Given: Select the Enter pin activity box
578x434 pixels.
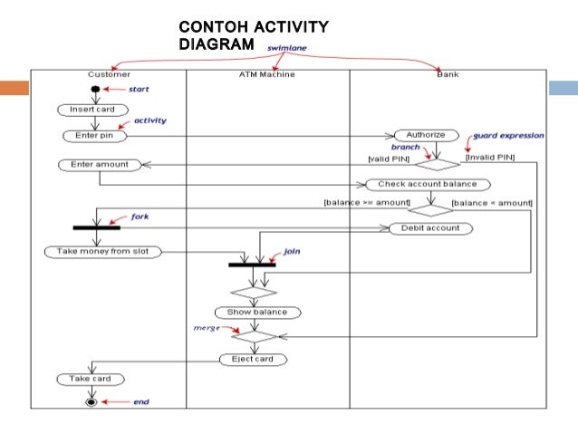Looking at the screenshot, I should [x=93, y=136].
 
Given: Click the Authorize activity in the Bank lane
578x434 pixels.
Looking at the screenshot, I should [x=426, y=135].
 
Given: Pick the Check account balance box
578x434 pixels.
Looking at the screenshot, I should [x=427, y=184].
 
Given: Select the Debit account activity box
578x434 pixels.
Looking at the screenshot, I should [x=430, y=228].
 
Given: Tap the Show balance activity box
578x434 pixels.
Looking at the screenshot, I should [x=257, y=312].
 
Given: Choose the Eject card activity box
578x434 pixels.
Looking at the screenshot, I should [x=253, y=359].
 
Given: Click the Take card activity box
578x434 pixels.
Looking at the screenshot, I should [x=90, y=379].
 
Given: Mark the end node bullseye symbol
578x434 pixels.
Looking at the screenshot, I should [x=91, y=400].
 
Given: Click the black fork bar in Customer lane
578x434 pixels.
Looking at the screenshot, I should [x=97, y=227].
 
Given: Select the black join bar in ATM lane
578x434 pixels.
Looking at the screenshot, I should [x=252, y=265].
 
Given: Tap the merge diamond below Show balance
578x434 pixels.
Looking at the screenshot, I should [x=255, y=334].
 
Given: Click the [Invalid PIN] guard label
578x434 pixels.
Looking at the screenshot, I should [x=489, y=158].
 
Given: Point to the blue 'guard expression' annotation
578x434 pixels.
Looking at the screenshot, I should [x=508, y=135].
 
